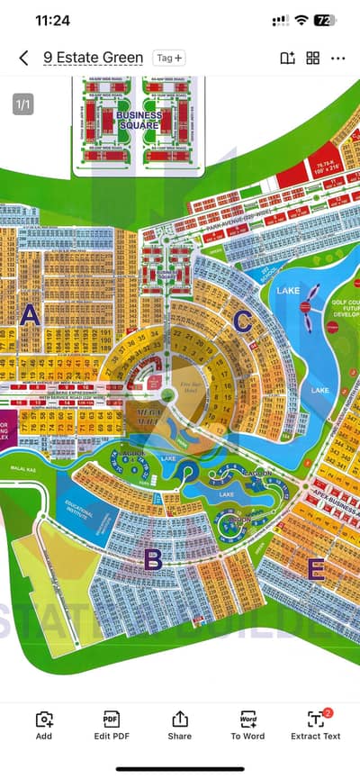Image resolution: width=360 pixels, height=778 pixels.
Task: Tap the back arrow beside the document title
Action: pos(23,58)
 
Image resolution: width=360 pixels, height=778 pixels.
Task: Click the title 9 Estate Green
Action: pos(94,58)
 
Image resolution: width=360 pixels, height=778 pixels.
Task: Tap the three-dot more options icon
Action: pos(338,58)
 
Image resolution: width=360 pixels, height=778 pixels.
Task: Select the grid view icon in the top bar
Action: pos(313,58)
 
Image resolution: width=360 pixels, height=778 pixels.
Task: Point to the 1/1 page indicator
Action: pos(23,104)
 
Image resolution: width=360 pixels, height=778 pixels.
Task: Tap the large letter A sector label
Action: pos(31,315)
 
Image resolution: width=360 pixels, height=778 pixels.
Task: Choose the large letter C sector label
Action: pos(242,320)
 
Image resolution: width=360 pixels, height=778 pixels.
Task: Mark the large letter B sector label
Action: pos(153,559)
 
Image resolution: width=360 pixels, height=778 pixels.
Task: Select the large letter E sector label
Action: pos(316,568)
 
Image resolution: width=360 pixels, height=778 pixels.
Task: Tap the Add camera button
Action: pos(43,725)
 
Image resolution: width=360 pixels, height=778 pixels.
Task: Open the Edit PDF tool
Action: pos(112,725)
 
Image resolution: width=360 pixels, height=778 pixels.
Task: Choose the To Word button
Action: pos(247,725)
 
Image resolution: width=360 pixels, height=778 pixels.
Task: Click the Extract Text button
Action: pos(316,725)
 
